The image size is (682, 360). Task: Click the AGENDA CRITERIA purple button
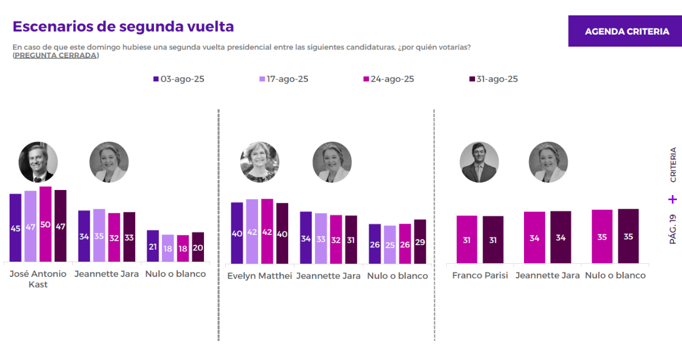click(x=627, y=31)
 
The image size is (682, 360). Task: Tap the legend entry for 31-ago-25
click(x=493, y=79)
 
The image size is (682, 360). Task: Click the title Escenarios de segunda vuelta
click(x=123, y=27)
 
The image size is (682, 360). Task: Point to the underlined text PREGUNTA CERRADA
click(x=56, y=55)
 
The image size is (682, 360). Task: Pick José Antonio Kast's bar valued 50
click(x=45, y=224)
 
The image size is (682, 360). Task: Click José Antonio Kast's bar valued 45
click(x=15, y=227)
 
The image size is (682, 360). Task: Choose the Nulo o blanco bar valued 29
click(x=420, y=242)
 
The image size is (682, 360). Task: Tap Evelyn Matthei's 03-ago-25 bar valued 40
click(x=237, y=233)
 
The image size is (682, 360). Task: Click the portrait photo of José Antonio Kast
click(x=38, y=162)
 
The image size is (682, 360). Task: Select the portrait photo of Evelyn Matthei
click(x=260, y=162)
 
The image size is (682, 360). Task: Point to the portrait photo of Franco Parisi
click(x=479, y=162)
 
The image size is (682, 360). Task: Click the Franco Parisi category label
click(x=480, y=275)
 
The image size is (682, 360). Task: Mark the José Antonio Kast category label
click(x=38, y=279)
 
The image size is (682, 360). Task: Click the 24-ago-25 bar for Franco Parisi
click(x=467, y=239)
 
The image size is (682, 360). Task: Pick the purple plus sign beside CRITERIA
click(x=673, y=199)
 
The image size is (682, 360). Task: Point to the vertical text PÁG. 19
click(x=673, y=229)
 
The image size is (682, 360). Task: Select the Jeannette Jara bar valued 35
click(x=99, y=235)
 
